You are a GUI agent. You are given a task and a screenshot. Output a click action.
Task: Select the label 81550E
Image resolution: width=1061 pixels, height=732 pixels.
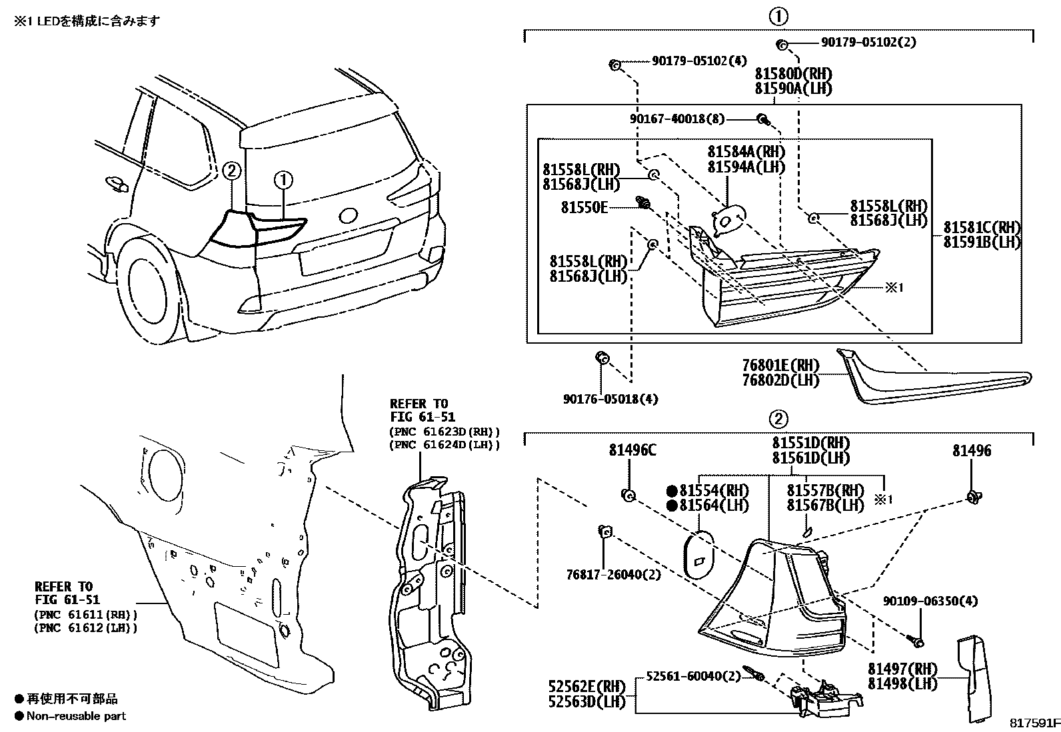click(x=584, y=208)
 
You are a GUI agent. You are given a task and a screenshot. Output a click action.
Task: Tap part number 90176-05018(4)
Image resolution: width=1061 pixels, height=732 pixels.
click(x=610, y=399)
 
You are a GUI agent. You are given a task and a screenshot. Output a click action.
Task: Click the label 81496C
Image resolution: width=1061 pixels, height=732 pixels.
click(x=632, y=451)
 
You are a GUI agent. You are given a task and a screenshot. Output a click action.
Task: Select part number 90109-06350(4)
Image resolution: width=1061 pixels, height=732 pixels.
click(x=930, y=601)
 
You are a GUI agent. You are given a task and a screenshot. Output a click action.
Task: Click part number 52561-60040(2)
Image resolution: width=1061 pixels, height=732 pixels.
click(x=693, y=676)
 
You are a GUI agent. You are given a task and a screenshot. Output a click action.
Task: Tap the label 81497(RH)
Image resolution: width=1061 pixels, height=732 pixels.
click(x=902, y=669)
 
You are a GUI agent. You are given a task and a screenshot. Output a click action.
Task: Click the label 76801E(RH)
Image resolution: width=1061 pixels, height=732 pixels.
click(x=780, y=366)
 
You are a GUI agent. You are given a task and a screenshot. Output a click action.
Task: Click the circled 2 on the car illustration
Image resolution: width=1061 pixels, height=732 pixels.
click(x=231, y=171)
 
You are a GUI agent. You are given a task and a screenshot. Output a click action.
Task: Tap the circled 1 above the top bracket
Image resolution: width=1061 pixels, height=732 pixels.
click(x=778, y=16)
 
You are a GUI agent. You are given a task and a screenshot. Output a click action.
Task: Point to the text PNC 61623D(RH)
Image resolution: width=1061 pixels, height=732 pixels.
click(x=444, y=432)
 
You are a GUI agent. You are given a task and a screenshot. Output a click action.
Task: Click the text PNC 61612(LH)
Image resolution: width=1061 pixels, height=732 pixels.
click(x=86, y=627)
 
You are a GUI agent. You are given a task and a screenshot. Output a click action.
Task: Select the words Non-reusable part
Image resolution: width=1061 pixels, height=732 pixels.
click(x=76, y=716)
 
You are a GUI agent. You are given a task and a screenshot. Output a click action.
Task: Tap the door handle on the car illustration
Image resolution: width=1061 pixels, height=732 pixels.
click(x=115, y=183)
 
